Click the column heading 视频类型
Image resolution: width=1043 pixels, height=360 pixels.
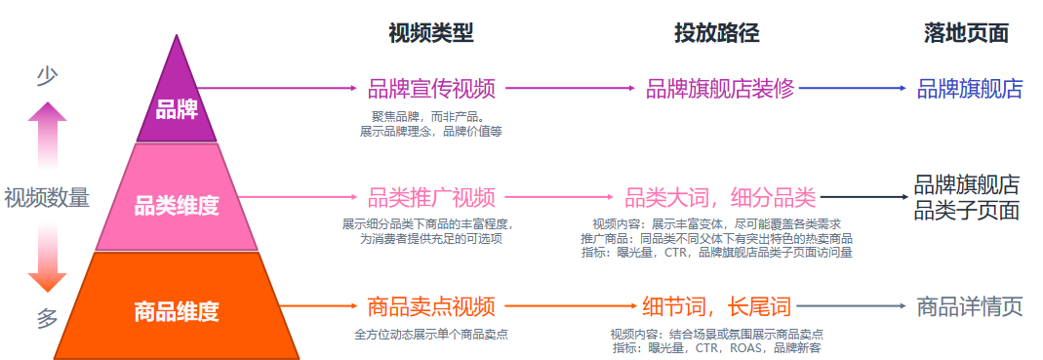pos(430,33)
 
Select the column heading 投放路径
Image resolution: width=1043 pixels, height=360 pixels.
pos(716,33)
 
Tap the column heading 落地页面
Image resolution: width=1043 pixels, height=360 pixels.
pos(966,33)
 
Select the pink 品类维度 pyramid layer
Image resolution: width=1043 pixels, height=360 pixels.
pos(177,206)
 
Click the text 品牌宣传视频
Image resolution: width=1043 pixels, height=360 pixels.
pos(431,89)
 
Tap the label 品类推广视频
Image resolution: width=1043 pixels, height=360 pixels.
pos(431,197)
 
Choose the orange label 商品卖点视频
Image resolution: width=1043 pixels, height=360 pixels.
pos(431,306)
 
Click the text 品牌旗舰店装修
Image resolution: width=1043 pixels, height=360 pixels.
pos(720,89)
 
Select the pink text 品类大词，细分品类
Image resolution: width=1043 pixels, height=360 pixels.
pos(720,197)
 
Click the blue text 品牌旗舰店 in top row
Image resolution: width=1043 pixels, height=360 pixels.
pos(969,89)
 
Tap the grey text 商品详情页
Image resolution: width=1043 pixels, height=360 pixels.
pos(969,306)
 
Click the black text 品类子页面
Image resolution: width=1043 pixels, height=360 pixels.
pos(967,210)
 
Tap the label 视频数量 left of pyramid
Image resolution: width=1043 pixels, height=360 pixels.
pos(47,197)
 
